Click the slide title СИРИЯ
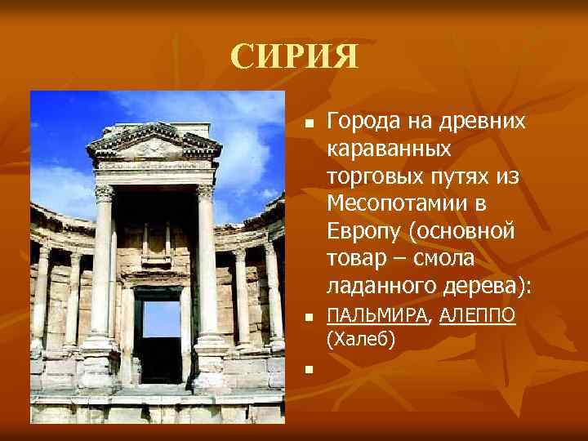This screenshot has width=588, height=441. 294,56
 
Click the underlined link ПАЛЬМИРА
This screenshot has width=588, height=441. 376,316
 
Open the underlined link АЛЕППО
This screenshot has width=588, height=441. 477,316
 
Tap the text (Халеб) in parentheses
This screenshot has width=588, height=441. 360,338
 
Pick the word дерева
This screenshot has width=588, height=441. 483,287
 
